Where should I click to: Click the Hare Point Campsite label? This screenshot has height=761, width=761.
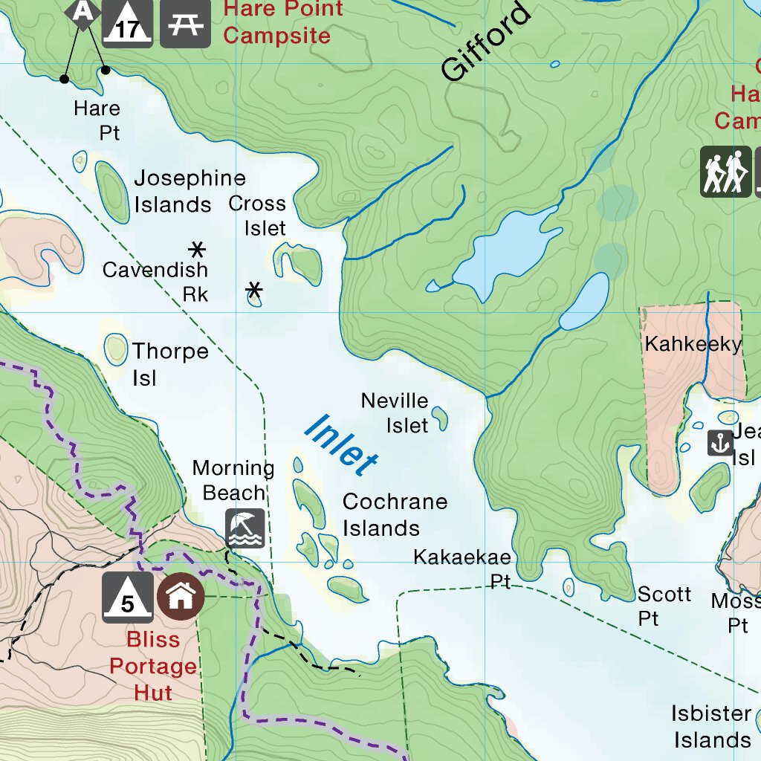282,22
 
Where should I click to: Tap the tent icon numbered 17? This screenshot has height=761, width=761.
127,23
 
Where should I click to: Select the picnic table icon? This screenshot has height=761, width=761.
184,23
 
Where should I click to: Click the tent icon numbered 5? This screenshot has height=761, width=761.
127,598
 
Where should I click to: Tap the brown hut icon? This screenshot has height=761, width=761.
181,597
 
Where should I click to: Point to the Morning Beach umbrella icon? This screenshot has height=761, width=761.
245,528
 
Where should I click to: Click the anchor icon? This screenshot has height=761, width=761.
719,443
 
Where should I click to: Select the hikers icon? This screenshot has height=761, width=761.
725,172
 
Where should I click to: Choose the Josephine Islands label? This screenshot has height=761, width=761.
189,191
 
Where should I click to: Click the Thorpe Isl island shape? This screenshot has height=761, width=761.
115,349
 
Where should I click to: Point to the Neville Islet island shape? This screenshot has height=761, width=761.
440,418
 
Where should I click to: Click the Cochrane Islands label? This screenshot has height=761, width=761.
394,515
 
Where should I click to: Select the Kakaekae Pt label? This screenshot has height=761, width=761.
463,569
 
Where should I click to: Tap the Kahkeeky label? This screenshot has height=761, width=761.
693,344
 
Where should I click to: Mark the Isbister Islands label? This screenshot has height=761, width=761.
710,727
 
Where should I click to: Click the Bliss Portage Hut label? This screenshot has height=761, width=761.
153,666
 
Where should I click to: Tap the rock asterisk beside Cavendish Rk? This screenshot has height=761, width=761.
197,249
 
